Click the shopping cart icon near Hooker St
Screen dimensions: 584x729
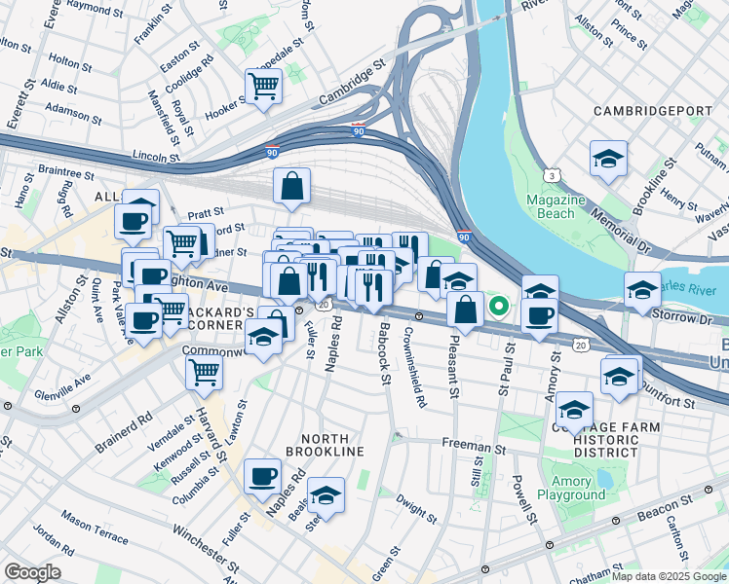pyautogui.click(x=263, y=86)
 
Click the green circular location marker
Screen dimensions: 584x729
pyautogui.click(x=499, y=308)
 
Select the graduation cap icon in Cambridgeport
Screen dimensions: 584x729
pyautogui.click(x=608, y=159)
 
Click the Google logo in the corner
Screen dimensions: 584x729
pyautogui.click(x=33, y=571)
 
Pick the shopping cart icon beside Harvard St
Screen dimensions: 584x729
pyautogui.click(x=205, y=371)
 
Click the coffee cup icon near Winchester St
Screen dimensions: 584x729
pyautogui.click(x=262, y=476)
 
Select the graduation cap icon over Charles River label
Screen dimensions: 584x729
pyautogui.click(x=642, y=290)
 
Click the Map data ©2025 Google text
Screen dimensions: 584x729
pyautogui.click(x=671, y=575)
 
